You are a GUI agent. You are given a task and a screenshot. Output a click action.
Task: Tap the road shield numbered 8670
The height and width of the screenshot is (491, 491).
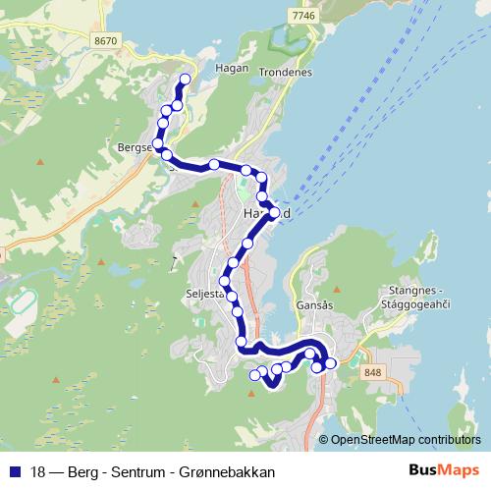(x=107, y=40)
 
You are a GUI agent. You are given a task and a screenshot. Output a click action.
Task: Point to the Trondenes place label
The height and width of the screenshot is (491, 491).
(x=286, y=73)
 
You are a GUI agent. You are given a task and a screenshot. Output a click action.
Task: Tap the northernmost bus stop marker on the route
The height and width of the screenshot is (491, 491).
(x=185, y=79)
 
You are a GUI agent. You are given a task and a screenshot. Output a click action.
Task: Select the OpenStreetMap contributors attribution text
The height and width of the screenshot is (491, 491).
(x=405, y=439)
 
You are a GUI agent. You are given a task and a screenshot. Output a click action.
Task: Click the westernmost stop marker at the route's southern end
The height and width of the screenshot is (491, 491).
(x=254, y=374)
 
